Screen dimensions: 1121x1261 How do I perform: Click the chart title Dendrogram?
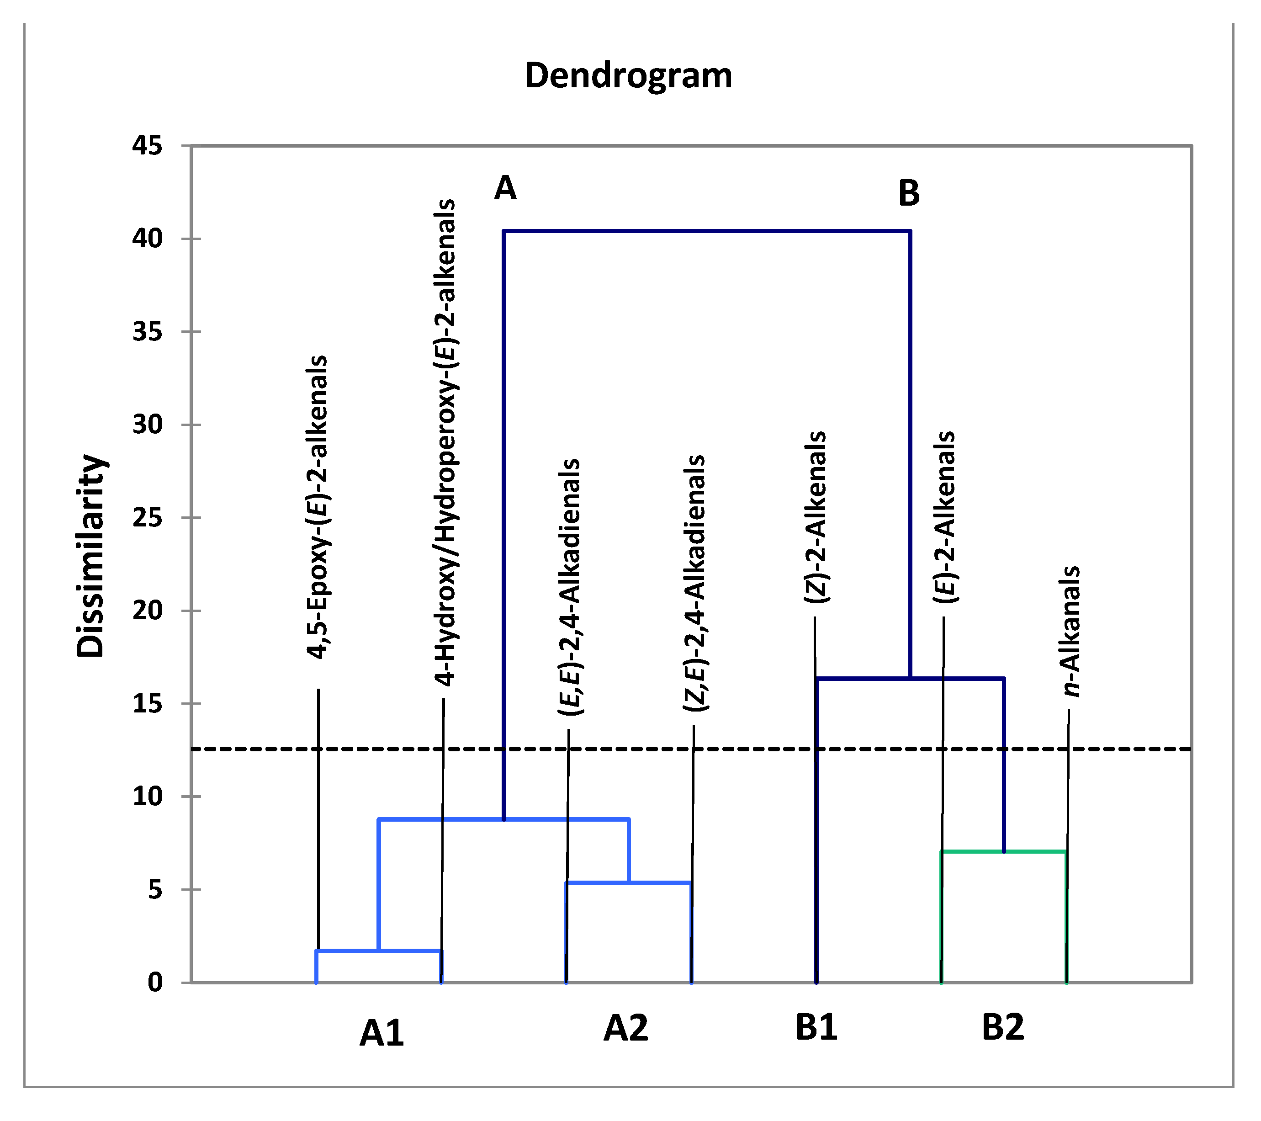(628, 75)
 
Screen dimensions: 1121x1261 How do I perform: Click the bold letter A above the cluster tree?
(505, 187)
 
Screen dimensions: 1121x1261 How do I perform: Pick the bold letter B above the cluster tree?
(909, 193)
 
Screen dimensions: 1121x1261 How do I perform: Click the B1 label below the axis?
(816, 1028)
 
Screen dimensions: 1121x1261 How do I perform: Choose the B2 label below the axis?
(1002, 1028)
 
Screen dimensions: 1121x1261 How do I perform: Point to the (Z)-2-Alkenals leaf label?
(816, 517)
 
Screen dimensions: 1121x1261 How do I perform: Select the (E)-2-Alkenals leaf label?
(944, 517)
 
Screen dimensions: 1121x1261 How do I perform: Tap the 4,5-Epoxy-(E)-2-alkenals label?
(317, 507)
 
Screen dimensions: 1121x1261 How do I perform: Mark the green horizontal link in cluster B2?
(1003, 852)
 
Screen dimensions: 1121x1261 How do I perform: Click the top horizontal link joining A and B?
(706, 231)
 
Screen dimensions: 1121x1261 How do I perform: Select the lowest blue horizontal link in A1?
(379, 951)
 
